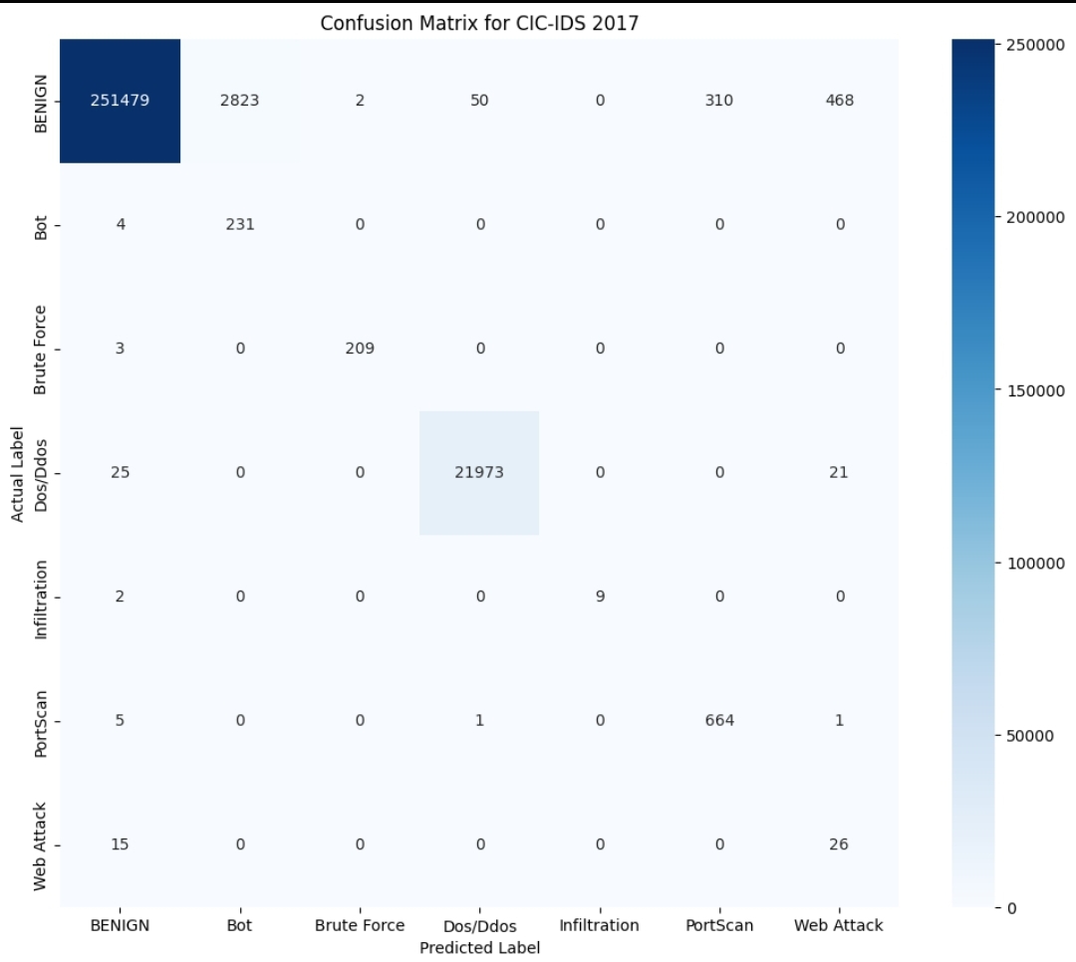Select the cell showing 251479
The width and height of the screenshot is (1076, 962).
(x=120, y=101)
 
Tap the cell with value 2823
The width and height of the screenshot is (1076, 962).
(x=240, y=101)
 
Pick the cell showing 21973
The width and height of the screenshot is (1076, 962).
(x=479, y=473)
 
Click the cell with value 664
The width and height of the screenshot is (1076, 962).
(x=718, y=720)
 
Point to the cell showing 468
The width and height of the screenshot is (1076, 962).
(x=839, y=101)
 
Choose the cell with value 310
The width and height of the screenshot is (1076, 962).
(x=718, y=101)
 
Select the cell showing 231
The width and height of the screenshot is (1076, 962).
(x=240, y=224)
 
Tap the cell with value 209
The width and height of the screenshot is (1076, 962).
(x=360, y=349)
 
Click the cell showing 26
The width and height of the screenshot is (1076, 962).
(x=839, y=844)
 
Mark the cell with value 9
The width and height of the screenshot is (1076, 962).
(x=599, y=597)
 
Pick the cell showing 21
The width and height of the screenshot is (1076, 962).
(x=839, y=473)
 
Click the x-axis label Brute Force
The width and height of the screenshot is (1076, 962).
(x=360, y=925)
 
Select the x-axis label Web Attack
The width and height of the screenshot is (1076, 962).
(x=839, y=925)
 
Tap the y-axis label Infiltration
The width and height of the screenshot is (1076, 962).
(x=41, y=599)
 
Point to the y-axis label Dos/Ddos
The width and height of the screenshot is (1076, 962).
(x=41, y=473)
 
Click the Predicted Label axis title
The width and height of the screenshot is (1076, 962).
(x=479, y=947)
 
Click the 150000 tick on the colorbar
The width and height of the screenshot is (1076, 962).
(x=1032, y=389)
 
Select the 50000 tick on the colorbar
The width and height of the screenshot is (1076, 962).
(x=1032, y=736)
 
